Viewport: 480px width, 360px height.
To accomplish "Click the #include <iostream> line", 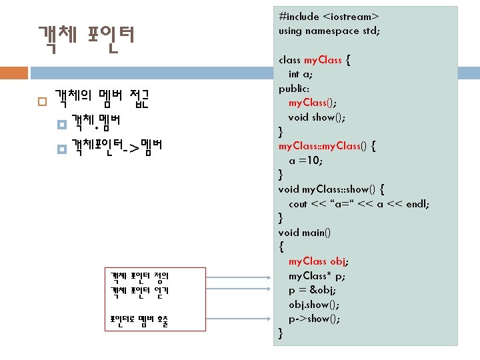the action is click(329, 16).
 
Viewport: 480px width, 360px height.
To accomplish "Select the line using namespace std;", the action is click(329, 31).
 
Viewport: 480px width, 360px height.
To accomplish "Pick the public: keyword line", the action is click(293, 89).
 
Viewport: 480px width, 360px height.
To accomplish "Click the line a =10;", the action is click(306, 161).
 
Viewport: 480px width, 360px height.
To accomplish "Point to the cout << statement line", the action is click(359, 204).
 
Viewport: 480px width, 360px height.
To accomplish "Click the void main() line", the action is click(305, 233).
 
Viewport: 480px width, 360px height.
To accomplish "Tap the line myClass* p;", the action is click(317, 276).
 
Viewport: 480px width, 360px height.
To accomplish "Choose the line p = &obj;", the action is click(312, 290).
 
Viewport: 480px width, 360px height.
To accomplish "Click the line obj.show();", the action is click(314, 305).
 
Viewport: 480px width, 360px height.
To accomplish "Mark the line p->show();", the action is click(314, 319).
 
